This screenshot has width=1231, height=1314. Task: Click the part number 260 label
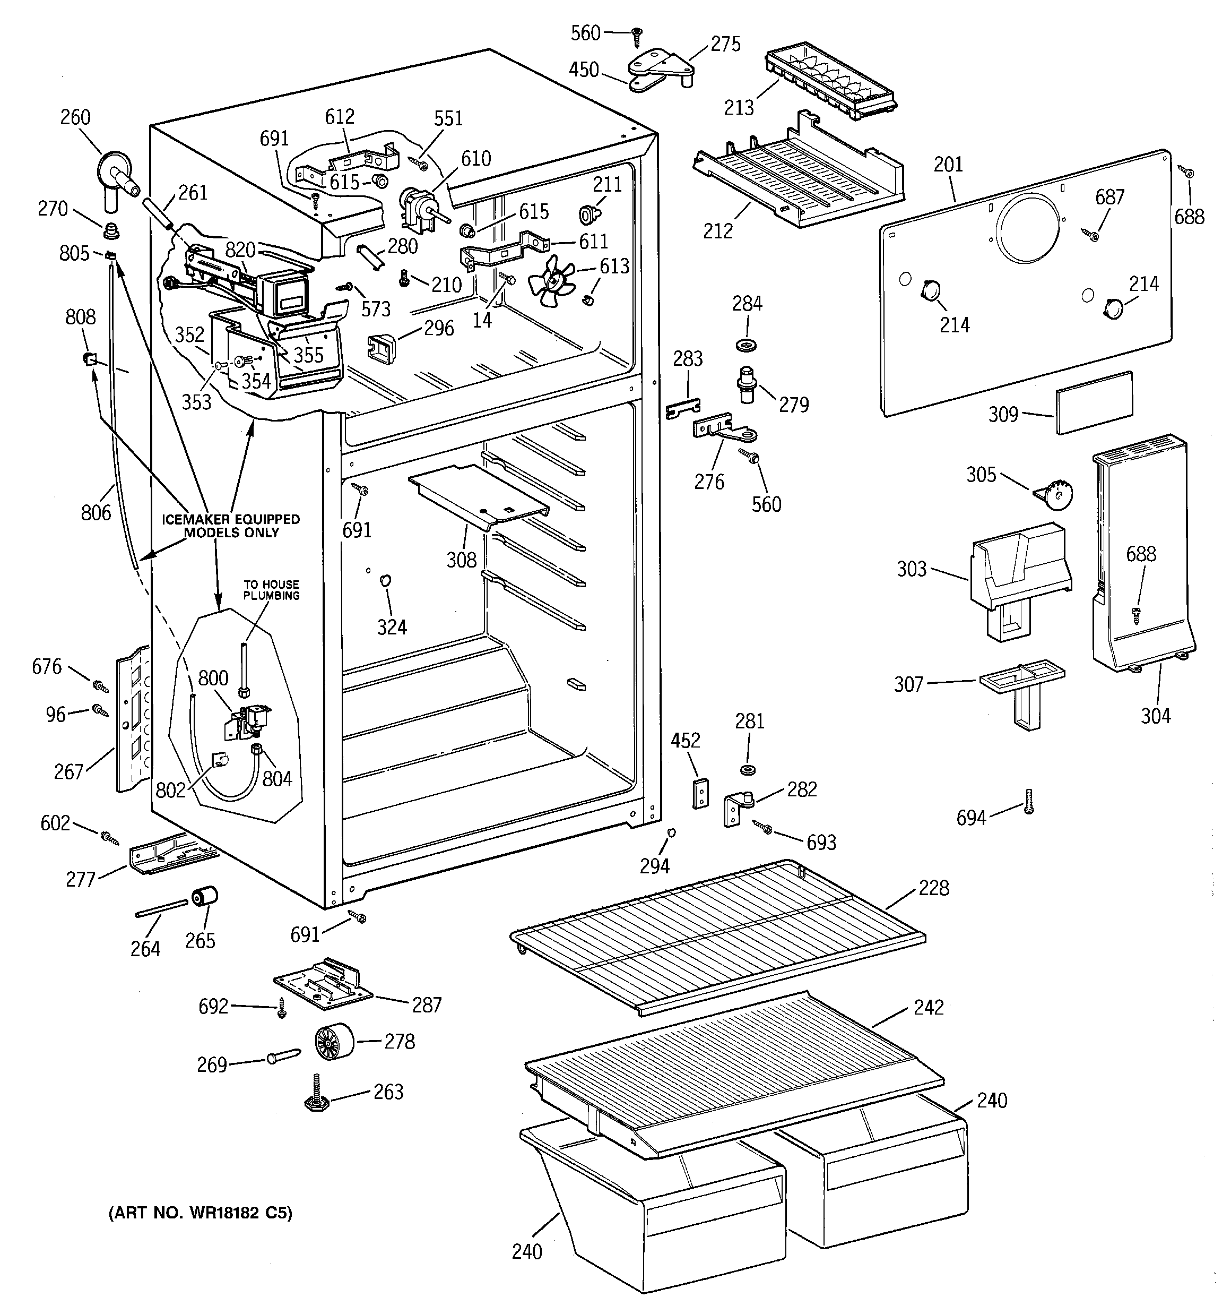coord(75,118)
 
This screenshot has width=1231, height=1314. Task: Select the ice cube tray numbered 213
coord(830,83)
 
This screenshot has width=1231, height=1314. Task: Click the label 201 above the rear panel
coord(948,165)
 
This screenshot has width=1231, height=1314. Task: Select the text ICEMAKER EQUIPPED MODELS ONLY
coord(231,526)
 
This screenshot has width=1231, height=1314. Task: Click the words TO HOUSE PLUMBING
coord(271,590)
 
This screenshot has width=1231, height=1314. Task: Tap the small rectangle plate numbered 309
coord(1094,402)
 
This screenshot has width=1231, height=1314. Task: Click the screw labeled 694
coord(1028,801)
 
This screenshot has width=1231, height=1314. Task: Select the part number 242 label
coord(929,1007)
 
